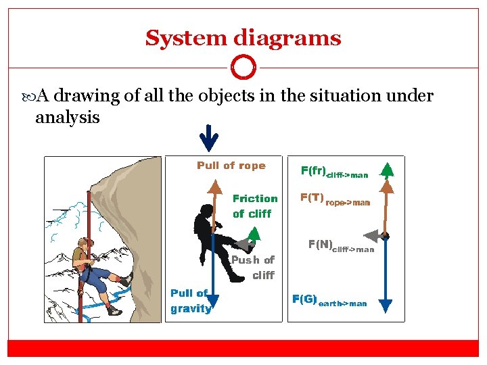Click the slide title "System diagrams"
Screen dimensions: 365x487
(243, 38)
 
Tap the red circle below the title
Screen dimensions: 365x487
(243, 68)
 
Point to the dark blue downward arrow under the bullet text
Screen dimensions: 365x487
(210, 139)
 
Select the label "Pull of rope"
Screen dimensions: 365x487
(231, 166)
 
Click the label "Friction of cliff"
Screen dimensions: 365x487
(254, 205)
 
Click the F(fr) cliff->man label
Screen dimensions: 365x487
(334, 172)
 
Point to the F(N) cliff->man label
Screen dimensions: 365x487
(341, 246)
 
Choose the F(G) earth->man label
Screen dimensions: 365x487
(329, 301)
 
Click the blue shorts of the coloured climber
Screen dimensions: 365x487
(99, 278)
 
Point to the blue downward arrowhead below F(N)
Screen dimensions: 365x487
(386, 306)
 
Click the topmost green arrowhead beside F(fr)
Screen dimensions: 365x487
(386, 169)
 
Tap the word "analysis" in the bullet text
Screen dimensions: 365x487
(67, 118)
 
